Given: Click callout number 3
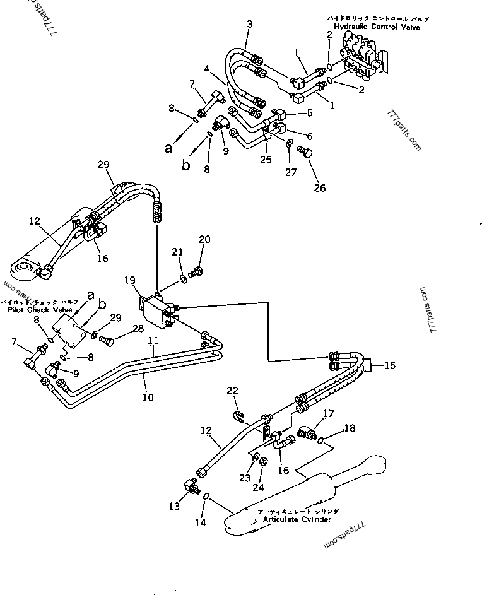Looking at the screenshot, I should tap(249, 24).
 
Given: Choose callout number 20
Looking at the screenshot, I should tap(204, 239).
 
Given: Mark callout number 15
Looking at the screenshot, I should tap(391, 365).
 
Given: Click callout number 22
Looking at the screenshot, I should tap(233, 392).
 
